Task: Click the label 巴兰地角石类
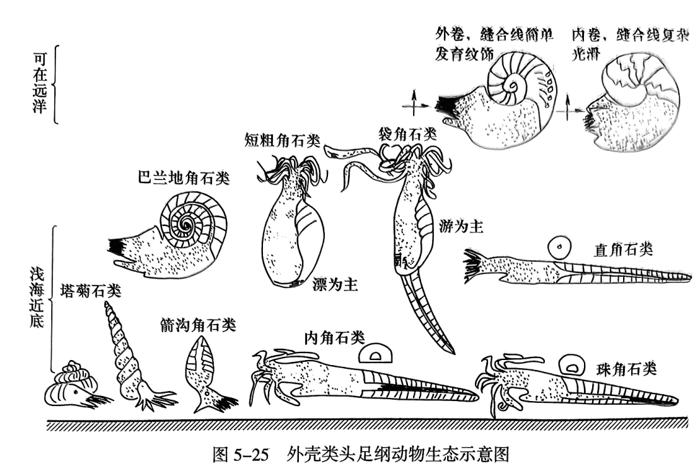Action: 183,179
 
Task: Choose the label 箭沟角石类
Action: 198,325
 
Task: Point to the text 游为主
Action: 460,226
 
